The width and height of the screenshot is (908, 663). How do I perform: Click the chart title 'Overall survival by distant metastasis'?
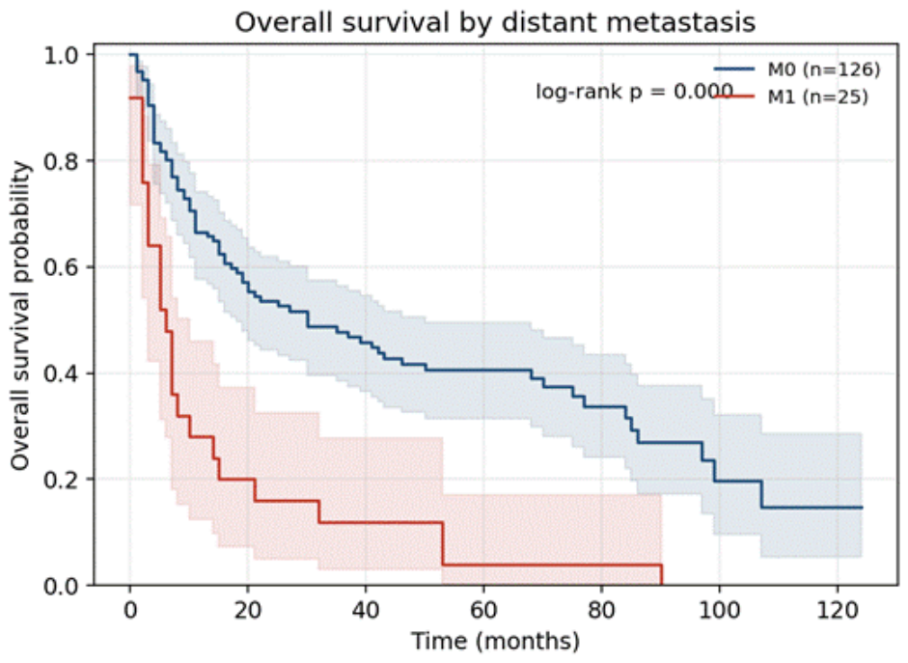[495, 22]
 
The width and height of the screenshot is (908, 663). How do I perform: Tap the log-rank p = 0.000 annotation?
[634, 92]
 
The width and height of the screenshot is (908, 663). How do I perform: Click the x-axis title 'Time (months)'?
[495, 642]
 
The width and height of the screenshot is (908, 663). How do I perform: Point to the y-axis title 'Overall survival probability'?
[20, 316]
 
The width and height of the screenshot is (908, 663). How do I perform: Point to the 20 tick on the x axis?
[248, 610]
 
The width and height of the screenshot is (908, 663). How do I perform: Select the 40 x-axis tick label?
[366, 610]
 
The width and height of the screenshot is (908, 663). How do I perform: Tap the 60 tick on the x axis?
[483, 610]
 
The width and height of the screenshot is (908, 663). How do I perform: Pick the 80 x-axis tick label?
[601, 610]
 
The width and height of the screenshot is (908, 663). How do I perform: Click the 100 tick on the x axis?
[719, 610]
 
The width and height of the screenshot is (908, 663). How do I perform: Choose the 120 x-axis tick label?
[837, 610]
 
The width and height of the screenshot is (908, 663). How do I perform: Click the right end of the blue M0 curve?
[862, 508]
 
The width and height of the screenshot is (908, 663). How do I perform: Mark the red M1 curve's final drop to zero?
[661, 574]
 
